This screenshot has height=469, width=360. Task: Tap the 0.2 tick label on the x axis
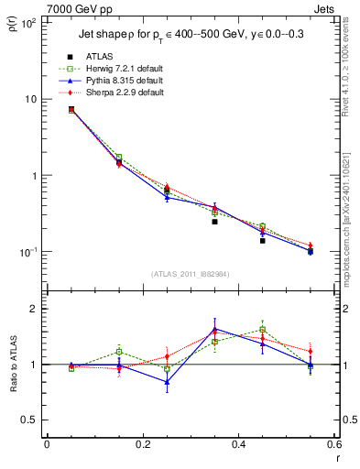click(143, 446)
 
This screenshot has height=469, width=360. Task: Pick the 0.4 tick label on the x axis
click(239, 446)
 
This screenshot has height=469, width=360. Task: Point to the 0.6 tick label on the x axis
click(334, 446)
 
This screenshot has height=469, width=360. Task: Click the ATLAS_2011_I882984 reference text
click(191, 274)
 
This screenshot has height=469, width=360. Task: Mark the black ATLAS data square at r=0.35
click(214, 222)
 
